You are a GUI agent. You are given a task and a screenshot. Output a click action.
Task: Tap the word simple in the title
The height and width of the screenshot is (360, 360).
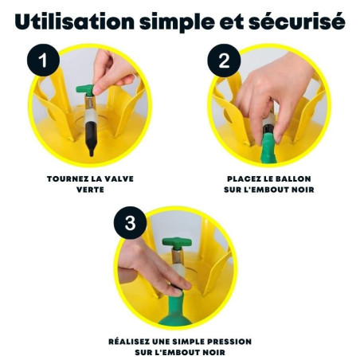[x=194, y=22]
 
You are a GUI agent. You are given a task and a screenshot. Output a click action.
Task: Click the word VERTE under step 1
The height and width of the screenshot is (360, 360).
[x=89, y=190]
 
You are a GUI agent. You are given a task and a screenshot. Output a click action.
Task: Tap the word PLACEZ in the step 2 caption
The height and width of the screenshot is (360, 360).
[x=244, y=179]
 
